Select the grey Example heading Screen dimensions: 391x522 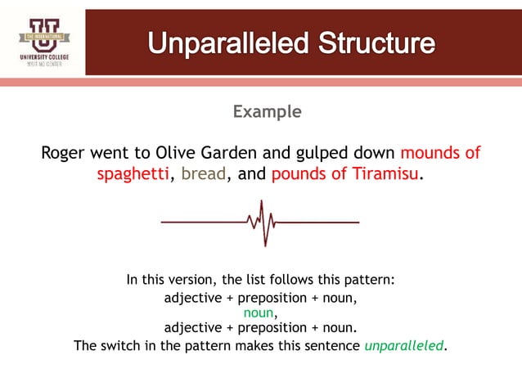267,111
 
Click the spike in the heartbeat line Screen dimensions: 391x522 262,221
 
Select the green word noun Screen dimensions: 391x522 259,312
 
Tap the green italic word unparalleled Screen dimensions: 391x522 404,345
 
